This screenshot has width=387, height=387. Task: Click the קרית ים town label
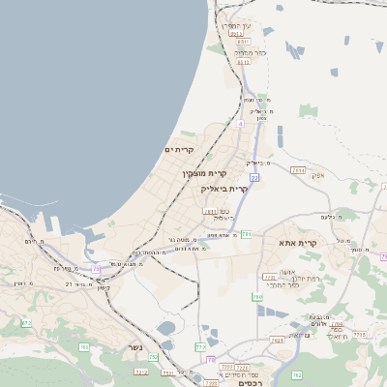point(180,150)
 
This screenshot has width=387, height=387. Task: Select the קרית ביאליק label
point(226,189)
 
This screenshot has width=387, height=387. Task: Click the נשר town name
point(135,347)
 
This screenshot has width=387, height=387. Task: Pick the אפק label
point(317,176)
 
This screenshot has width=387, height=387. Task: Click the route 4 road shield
point(239,124)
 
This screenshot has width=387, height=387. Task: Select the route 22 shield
point(254,178)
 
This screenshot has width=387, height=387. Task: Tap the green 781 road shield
point(247,234)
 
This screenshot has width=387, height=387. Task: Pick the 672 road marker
point(26,323)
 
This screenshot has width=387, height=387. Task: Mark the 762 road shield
point(297,375)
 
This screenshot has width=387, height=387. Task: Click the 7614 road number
point(297,170)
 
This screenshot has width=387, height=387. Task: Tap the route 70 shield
point(211,360)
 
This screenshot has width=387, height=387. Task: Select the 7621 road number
point(277,340)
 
